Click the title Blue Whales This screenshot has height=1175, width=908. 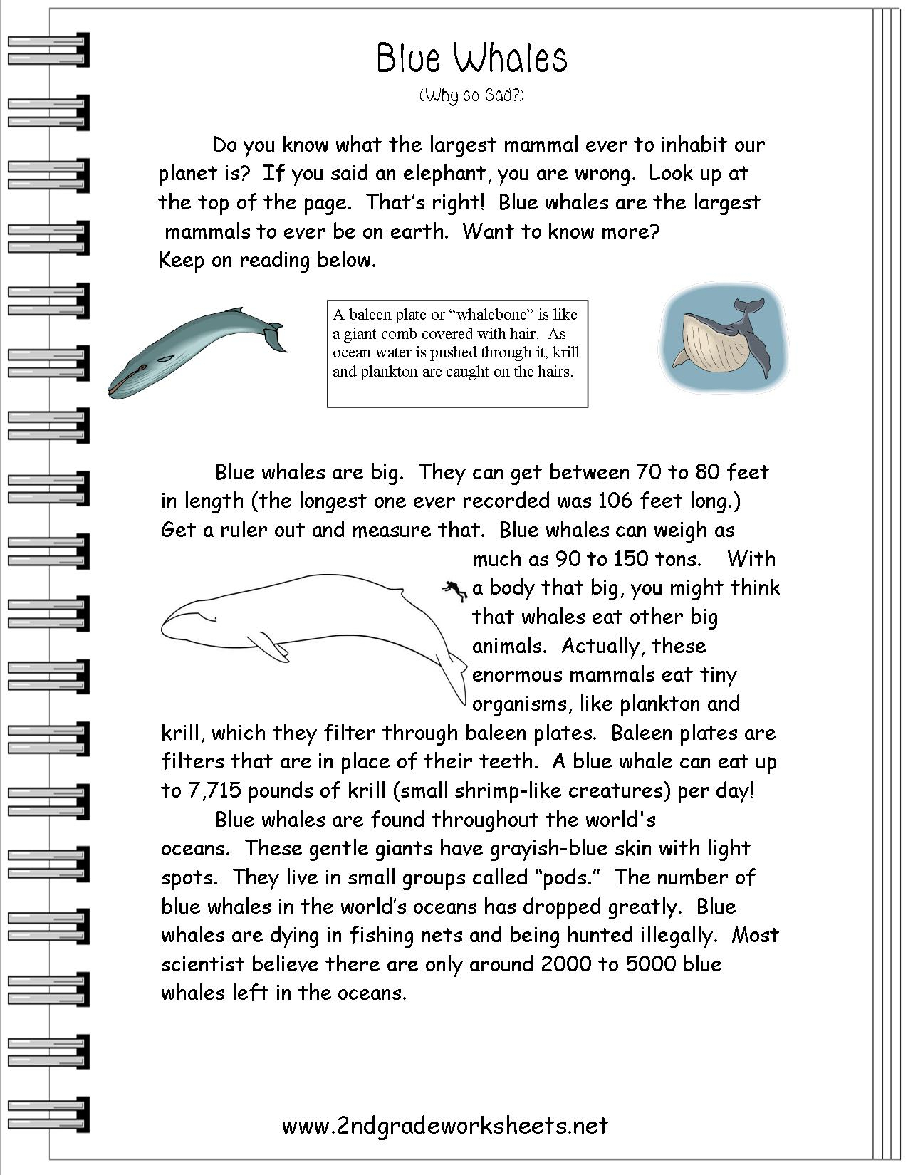(471, 58)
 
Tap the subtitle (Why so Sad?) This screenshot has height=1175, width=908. (471, 95)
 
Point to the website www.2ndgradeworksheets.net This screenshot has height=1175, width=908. (445, 1125)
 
